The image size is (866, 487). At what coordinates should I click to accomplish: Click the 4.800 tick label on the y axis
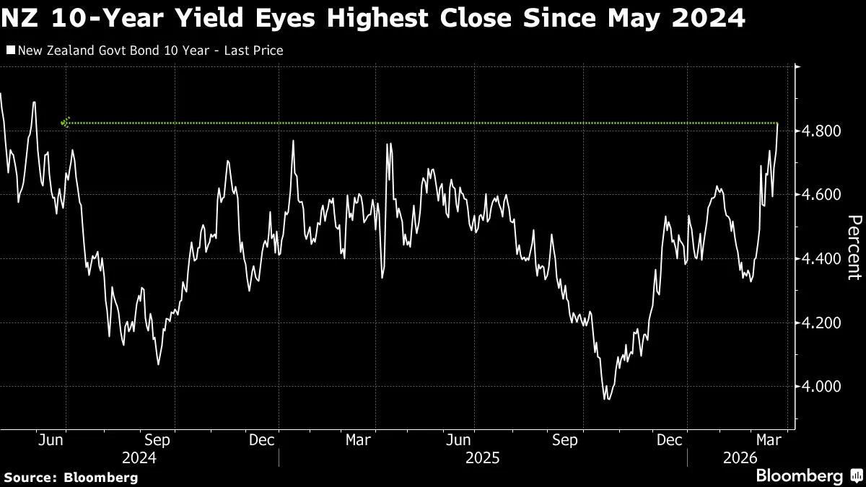(823, 131)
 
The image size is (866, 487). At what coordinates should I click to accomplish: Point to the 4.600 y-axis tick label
(823, 195)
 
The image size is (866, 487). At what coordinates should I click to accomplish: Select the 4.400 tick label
(823, 259)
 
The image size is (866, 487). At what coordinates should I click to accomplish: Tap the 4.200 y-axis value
(823, 323)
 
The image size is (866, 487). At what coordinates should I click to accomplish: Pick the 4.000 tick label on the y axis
(823, 387)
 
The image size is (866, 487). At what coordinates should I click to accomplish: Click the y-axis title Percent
(854, 247)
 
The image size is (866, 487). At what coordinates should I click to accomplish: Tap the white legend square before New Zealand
(9, 51)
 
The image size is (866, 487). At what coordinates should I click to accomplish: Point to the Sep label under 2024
(157, 440)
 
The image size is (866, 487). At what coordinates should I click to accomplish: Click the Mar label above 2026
(766, 440)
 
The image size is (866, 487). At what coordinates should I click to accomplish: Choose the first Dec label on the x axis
(260, 440)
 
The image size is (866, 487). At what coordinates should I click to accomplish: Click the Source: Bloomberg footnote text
(71, 477)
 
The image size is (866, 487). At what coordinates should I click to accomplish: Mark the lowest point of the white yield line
(605, 398)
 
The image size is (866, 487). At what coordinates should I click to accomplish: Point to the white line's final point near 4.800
(778, 124)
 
